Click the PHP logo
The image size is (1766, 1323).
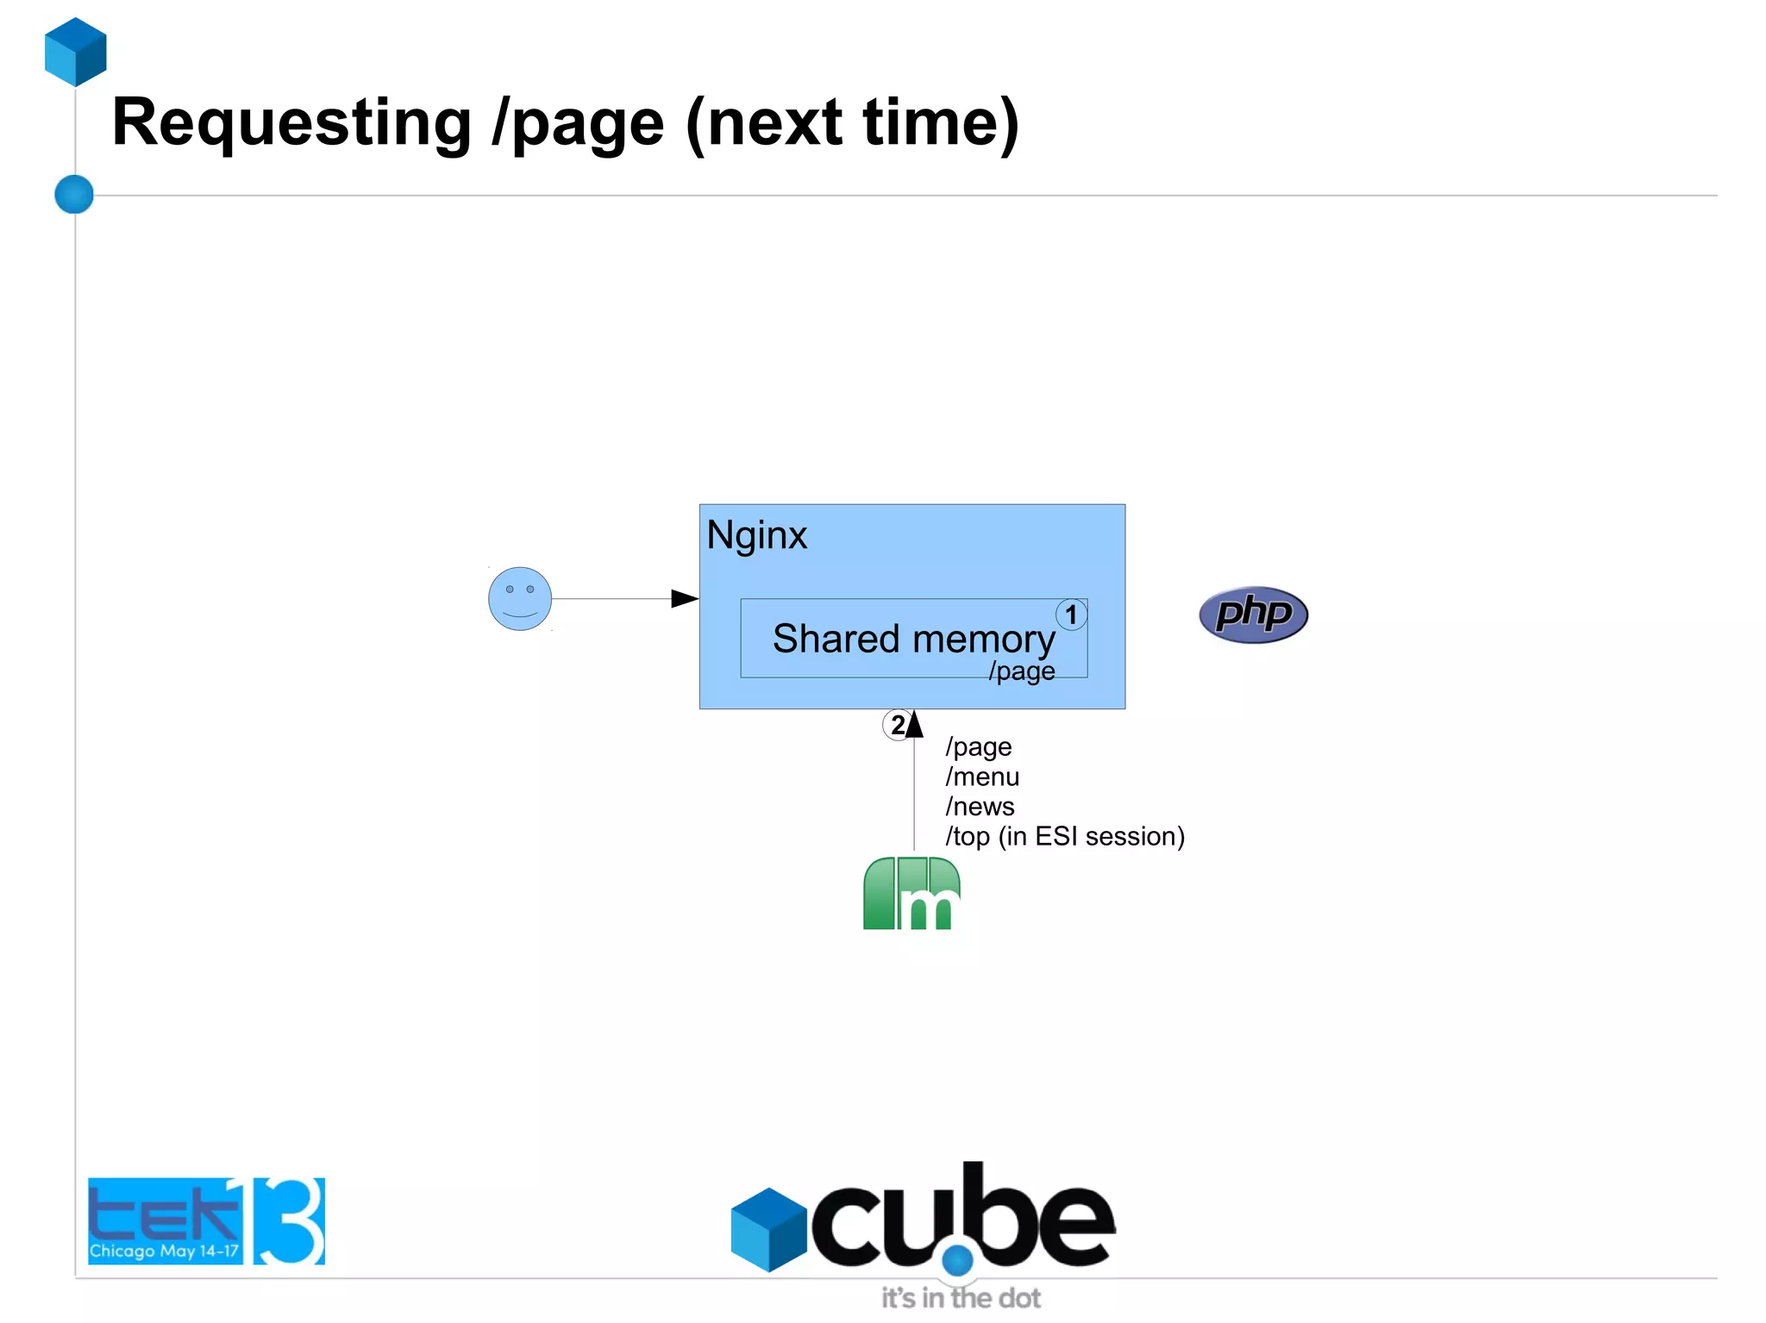1253,615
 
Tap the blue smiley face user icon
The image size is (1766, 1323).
519,598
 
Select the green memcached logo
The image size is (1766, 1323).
911,893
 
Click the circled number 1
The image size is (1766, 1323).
1071,615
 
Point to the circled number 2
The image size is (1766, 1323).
897,725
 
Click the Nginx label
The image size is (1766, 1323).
756,535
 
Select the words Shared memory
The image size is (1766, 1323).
913,639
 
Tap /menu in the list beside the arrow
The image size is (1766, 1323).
982,777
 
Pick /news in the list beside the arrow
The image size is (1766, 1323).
980,806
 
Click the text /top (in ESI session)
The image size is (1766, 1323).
1064,836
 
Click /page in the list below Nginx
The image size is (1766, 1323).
978,746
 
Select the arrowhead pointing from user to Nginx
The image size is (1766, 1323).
685,598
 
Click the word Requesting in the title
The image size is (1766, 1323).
291,122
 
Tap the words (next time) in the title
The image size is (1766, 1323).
852,122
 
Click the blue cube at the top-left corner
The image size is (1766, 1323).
76,52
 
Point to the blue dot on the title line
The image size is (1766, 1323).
74,194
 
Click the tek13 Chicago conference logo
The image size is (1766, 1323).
206,1220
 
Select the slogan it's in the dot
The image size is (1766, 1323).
960,1297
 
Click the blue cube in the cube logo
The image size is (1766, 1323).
768,1229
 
